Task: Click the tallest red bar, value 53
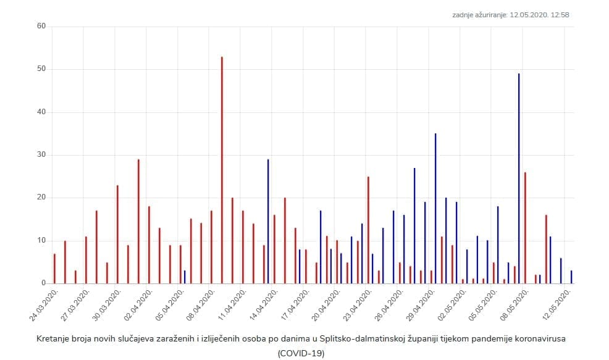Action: click(222, 170)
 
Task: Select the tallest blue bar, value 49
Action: click(519, 178)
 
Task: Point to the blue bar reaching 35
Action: click(435, 208)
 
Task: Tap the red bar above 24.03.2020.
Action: click(54, 269)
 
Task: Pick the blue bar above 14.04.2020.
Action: click(268, 221)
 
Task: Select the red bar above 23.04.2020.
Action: click(368, 230)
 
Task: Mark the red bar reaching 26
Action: click(525, 227)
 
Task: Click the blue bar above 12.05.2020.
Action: click(571, 277)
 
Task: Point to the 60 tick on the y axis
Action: click(41, 26)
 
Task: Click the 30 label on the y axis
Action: click(41, 155)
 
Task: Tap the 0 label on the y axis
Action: click(43, 283)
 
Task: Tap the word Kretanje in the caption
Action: click(52, 339)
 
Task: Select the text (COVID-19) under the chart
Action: click(301, 353)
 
